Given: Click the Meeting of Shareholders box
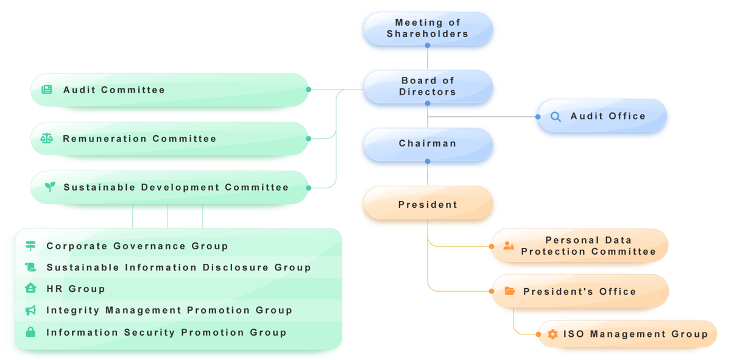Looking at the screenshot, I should click(x=428, y=29).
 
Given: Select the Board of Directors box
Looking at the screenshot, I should click(x=428, y=86).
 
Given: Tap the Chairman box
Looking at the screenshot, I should click(x=428, y=144).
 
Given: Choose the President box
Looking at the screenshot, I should click(x=428, y=205).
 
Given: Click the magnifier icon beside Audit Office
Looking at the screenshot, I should click(x=556, y=116).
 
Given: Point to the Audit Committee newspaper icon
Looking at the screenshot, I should click(x=46, y=90).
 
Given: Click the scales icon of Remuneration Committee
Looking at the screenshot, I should click(x=46, y=138).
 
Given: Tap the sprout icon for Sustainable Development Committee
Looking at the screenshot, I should click(x=49, y=187).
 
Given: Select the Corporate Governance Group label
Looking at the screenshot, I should click(x=137, y=246).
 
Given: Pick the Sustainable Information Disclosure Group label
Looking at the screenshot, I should click(x=178, y=267).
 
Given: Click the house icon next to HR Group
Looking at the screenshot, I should click(x=30, y=289).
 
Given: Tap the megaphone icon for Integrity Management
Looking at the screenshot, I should click(x=30, y=311).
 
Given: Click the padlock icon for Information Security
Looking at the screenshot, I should click(x=30, y=332).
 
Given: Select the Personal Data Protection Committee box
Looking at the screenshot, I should click(x=588, y=246).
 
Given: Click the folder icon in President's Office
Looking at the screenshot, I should click(x=510, y=291).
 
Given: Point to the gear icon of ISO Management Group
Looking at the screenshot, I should click(x=553, y=334).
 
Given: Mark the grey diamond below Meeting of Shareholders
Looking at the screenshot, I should click(x=428, y=60).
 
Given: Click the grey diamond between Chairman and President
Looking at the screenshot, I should click(x=428, y=176).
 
